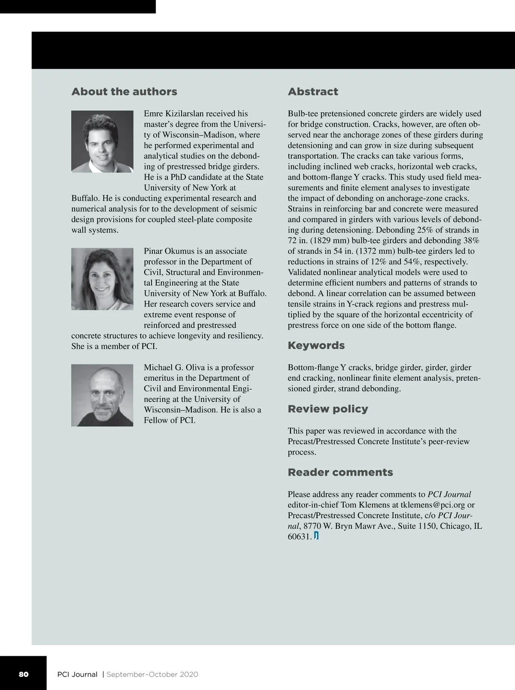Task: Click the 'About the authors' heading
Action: click(124, 92)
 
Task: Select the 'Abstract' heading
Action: click(313, 92)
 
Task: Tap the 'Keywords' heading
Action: click(316, 345)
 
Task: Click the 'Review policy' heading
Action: click(328, 409)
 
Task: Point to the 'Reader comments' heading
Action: click(340, 472)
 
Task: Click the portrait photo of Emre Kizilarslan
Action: click(102, 142)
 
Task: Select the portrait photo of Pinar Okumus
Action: click(102, 279)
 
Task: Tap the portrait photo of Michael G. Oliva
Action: click(102, 395)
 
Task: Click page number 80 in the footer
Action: click(24, 674)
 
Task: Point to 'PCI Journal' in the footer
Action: click(77, 674)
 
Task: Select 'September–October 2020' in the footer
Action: click(152, 674)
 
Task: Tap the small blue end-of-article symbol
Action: click(316, 536)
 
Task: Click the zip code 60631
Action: click(299, 537)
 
